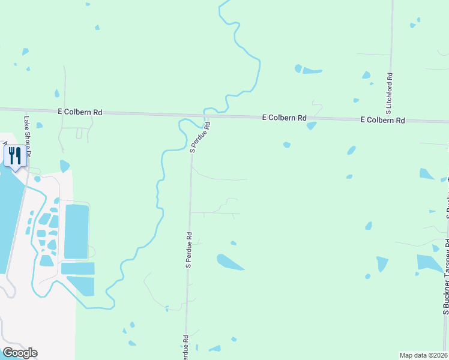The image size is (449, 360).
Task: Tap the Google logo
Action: tap(20, 353)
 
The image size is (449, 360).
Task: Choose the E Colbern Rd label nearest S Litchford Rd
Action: tap(383, 120)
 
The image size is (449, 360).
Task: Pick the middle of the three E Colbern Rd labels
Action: tap(285, 118)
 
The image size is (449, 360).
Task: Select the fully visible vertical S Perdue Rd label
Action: tap(188, 250)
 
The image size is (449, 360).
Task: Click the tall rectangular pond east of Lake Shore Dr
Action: tap(76, 231)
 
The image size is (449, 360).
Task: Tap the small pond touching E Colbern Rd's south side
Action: tap(311, 125)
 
